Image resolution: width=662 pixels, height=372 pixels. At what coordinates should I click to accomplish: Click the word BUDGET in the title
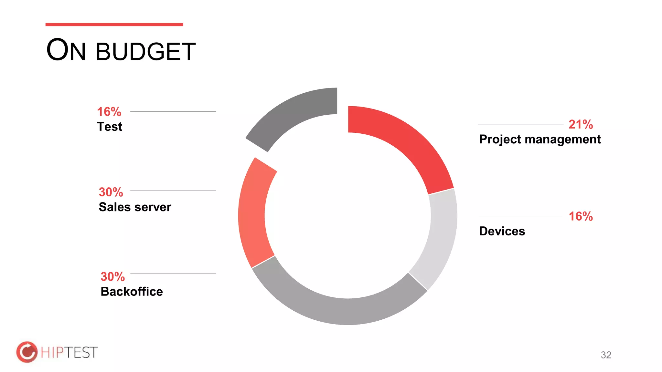coord(146,52)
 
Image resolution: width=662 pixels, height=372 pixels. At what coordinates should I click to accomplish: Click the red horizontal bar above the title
coord(114,25)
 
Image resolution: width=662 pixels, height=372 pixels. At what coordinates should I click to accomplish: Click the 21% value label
coord(581,125)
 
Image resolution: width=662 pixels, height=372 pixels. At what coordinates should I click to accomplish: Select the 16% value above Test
coord(109,112)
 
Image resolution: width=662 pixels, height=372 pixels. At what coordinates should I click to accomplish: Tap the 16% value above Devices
coord(581,216)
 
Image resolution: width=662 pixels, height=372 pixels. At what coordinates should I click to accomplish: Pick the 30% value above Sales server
coord(111,192)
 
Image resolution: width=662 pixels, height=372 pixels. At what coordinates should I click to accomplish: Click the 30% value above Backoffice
coord(112,277)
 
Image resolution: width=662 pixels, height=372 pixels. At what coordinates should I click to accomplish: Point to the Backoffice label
coord(132,292)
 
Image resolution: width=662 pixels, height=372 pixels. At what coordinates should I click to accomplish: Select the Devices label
coord(502,231)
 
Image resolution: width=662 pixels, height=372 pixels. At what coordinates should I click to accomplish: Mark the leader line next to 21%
coord(520,125)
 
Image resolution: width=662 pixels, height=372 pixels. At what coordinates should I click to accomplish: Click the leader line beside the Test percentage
coord(173,112)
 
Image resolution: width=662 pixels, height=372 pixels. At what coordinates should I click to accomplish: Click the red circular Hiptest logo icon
coord(27,352)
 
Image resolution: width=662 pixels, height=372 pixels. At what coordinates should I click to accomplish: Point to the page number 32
coord(606,355)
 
